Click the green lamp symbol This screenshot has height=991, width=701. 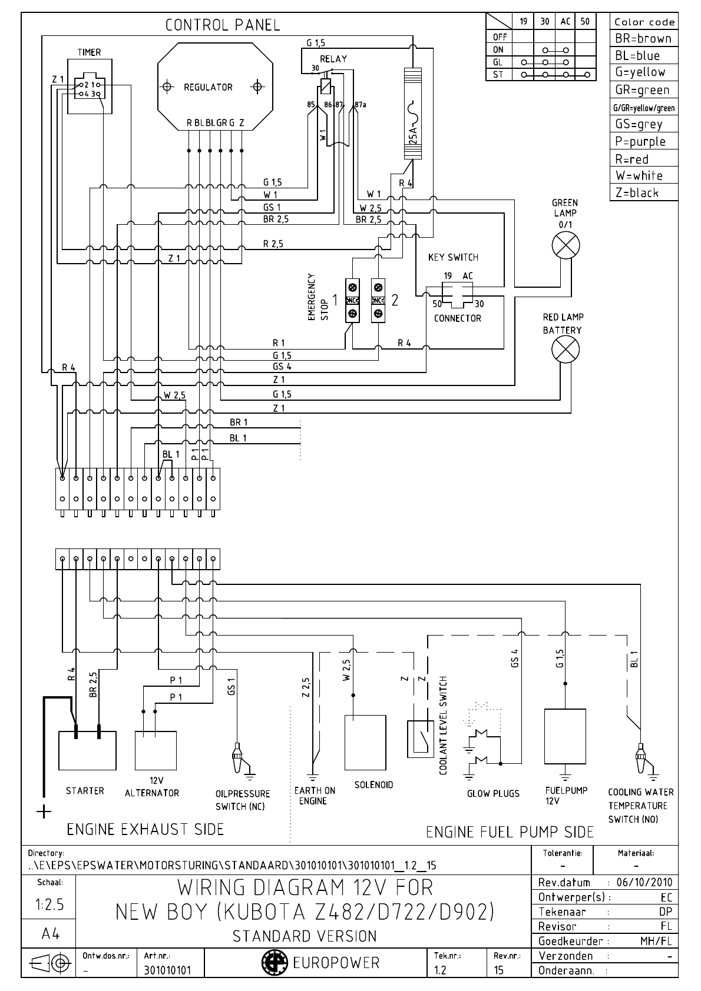[x=565, y=245]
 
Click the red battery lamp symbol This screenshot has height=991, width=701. [x=565, y=351]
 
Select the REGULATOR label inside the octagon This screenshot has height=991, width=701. [x=208, y=87]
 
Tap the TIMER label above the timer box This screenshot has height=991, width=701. [x=89, y=52]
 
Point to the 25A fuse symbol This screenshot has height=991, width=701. [x=412, y=115]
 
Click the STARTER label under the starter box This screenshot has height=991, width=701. [x=85, y=790]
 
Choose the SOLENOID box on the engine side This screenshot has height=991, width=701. [x=365, y=742]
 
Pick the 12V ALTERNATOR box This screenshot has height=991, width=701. [x=156, y=750]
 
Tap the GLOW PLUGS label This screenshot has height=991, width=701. [x=493, y=793]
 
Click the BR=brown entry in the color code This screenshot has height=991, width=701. [x=643, y=39]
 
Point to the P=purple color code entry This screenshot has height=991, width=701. [x=640, y=141]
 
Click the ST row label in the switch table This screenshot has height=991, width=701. [x=498, y=75]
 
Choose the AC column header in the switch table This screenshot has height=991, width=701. [x=565, y=21]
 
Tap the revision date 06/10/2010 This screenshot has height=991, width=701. [x=644, y=883]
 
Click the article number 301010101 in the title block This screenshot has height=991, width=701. [x=168, y=970]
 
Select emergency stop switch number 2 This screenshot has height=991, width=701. [x=378, y=300]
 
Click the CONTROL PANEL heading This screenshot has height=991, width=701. [x=223, y=25]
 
